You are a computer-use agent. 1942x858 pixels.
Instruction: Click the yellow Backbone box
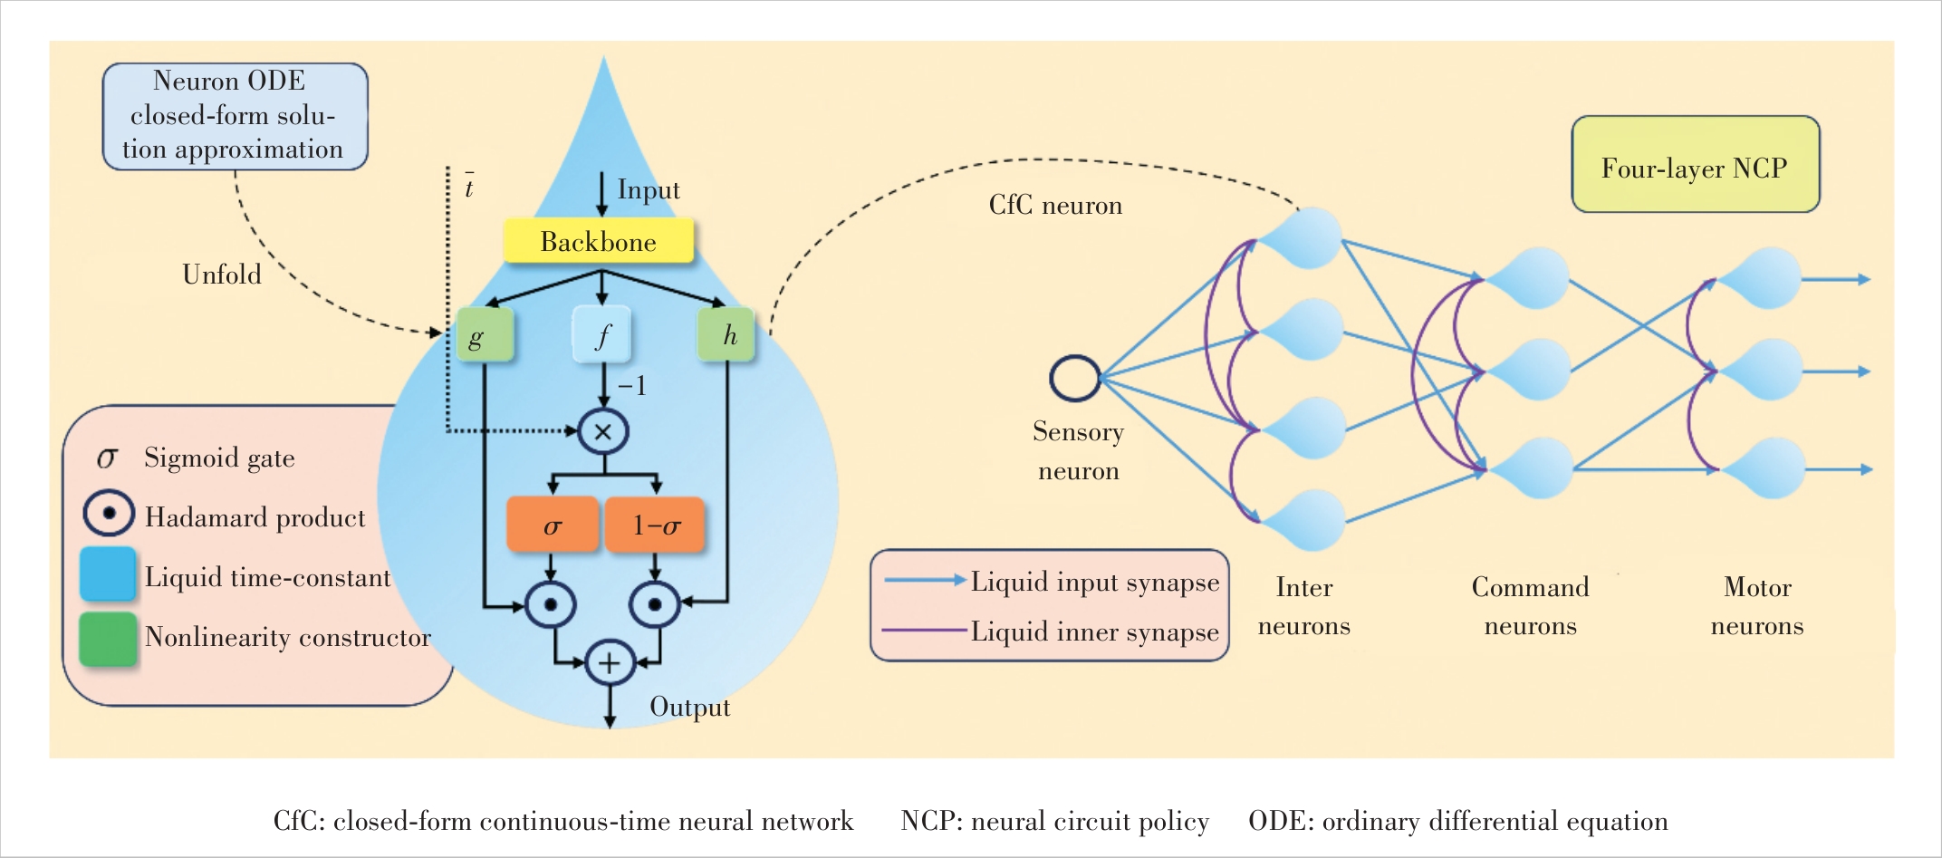point(599,241)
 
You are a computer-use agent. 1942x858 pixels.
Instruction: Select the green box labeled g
point(485,335)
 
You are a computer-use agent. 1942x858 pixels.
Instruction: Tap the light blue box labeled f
point(601,335)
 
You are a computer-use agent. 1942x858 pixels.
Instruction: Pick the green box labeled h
point(726,335)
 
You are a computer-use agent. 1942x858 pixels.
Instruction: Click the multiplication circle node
point(603,431)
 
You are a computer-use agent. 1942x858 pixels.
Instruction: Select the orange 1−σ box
point(655,525)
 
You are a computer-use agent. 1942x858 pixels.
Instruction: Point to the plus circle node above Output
point(610,663)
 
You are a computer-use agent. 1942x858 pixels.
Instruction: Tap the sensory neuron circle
point(1075,378)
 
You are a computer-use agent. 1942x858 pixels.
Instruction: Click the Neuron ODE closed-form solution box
point(235,116)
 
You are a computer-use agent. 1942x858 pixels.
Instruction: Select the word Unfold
point(222,275)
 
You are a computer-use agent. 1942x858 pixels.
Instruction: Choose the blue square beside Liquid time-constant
point(108,574)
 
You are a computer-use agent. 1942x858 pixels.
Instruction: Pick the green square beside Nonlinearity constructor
point(108,639)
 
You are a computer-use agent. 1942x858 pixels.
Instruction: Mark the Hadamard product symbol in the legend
point(109,514)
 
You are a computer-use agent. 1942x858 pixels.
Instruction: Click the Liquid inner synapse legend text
point(1094,631)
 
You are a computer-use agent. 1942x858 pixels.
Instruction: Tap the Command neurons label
point(1530,606)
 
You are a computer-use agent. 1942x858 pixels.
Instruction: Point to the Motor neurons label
point(1757,606)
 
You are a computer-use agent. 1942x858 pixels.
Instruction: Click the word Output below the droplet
point(689,707)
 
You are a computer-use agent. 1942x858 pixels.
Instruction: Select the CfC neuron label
point(1055,206)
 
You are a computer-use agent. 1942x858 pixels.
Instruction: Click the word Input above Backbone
point(648,190)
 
